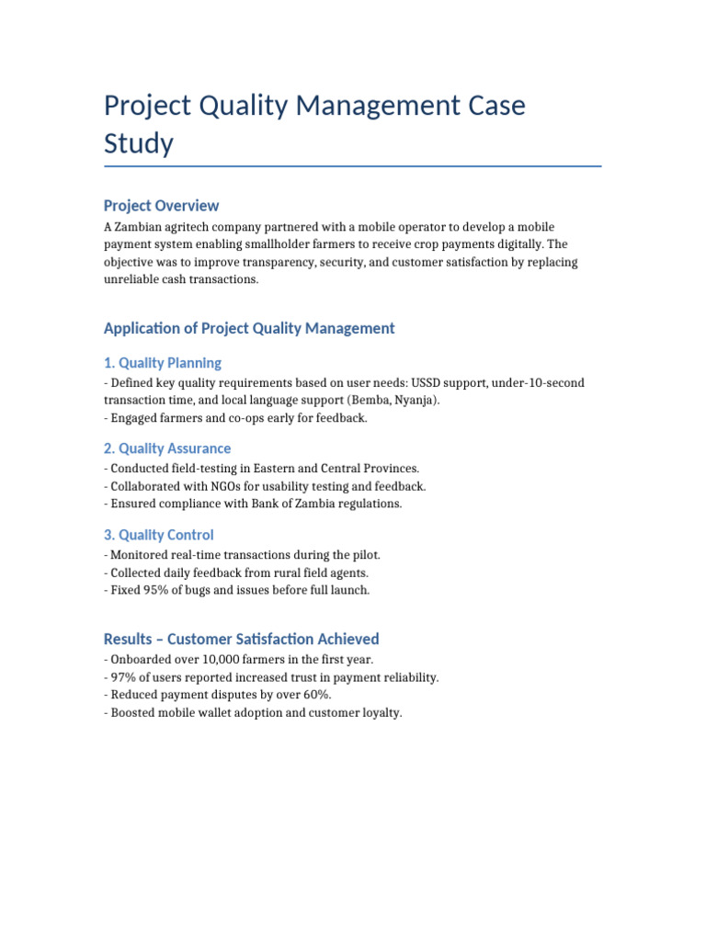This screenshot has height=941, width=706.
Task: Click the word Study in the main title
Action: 138,143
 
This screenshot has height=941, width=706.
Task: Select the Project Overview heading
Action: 161,205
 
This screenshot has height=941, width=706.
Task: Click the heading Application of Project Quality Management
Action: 249,328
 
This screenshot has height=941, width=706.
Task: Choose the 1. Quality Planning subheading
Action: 162,363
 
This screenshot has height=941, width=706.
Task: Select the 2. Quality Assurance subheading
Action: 166,448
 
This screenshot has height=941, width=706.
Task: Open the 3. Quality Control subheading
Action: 158,535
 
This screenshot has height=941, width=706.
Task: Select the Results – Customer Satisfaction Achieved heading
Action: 241,639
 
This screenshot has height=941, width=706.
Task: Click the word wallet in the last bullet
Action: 212,712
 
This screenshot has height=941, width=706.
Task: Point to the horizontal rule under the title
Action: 352,166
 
